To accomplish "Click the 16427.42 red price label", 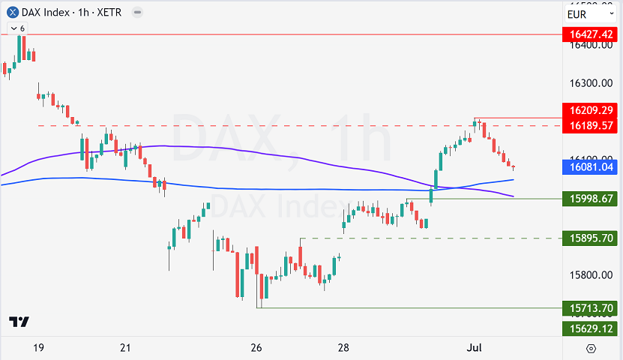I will [592, 34].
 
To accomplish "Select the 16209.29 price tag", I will [592, 109].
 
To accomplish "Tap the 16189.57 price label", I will [592, 124].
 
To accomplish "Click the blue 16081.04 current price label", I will [592, 167].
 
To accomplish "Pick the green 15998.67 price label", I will [592, 198].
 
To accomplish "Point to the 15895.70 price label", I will [592, 238].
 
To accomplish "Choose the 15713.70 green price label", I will [592, 307].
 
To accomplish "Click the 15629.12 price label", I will [592, 328].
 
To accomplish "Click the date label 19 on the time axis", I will [39, 348].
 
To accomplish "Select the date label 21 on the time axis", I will [125, 348].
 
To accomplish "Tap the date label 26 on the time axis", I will [256, 348].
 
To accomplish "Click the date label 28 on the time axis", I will [343, 348].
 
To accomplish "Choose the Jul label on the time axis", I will [473, 348].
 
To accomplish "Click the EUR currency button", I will [577, 14].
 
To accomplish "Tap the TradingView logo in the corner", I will [19, 322].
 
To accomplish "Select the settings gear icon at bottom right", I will [591, 348].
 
